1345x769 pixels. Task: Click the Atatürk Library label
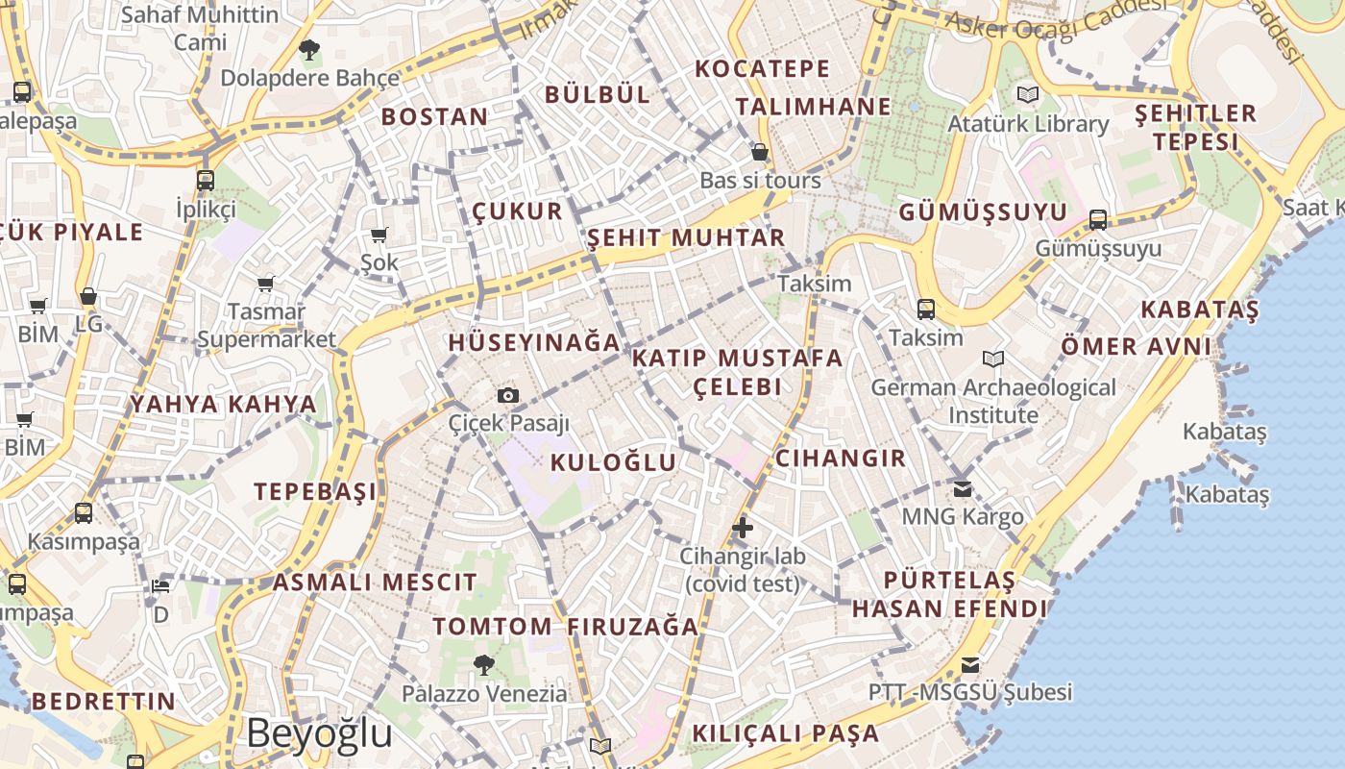[x=1028, y=124]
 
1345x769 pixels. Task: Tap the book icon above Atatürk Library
[x=1028, y=95]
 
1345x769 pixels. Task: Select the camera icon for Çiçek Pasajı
[x=508, y=395]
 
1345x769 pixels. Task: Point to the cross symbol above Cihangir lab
[x=742, y=527]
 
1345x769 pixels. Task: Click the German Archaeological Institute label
[x=993, y=401]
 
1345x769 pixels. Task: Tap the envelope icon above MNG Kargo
[x=963, y=489]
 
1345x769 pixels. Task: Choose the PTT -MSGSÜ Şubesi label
[x=969, y=692]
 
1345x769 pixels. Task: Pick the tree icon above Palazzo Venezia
[x=483, y=664]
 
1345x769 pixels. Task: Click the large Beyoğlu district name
[x=319, y=733]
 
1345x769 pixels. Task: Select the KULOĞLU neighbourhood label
[x=614, y=462]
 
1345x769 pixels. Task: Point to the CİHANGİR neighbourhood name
[x=841, y=458]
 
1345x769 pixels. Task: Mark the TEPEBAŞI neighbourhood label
[x=316, y=491]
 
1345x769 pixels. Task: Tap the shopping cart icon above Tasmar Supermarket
[x=266, y=284]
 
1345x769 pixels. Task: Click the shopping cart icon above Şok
[x=379, y=236]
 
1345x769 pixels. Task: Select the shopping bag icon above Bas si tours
[x=760, y=152]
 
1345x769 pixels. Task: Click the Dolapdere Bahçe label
[x=309, y=78]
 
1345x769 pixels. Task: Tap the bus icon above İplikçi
[x=205, y=180]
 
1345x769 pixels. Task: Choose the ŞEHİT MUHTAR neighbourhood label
[x=686, y=237]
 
